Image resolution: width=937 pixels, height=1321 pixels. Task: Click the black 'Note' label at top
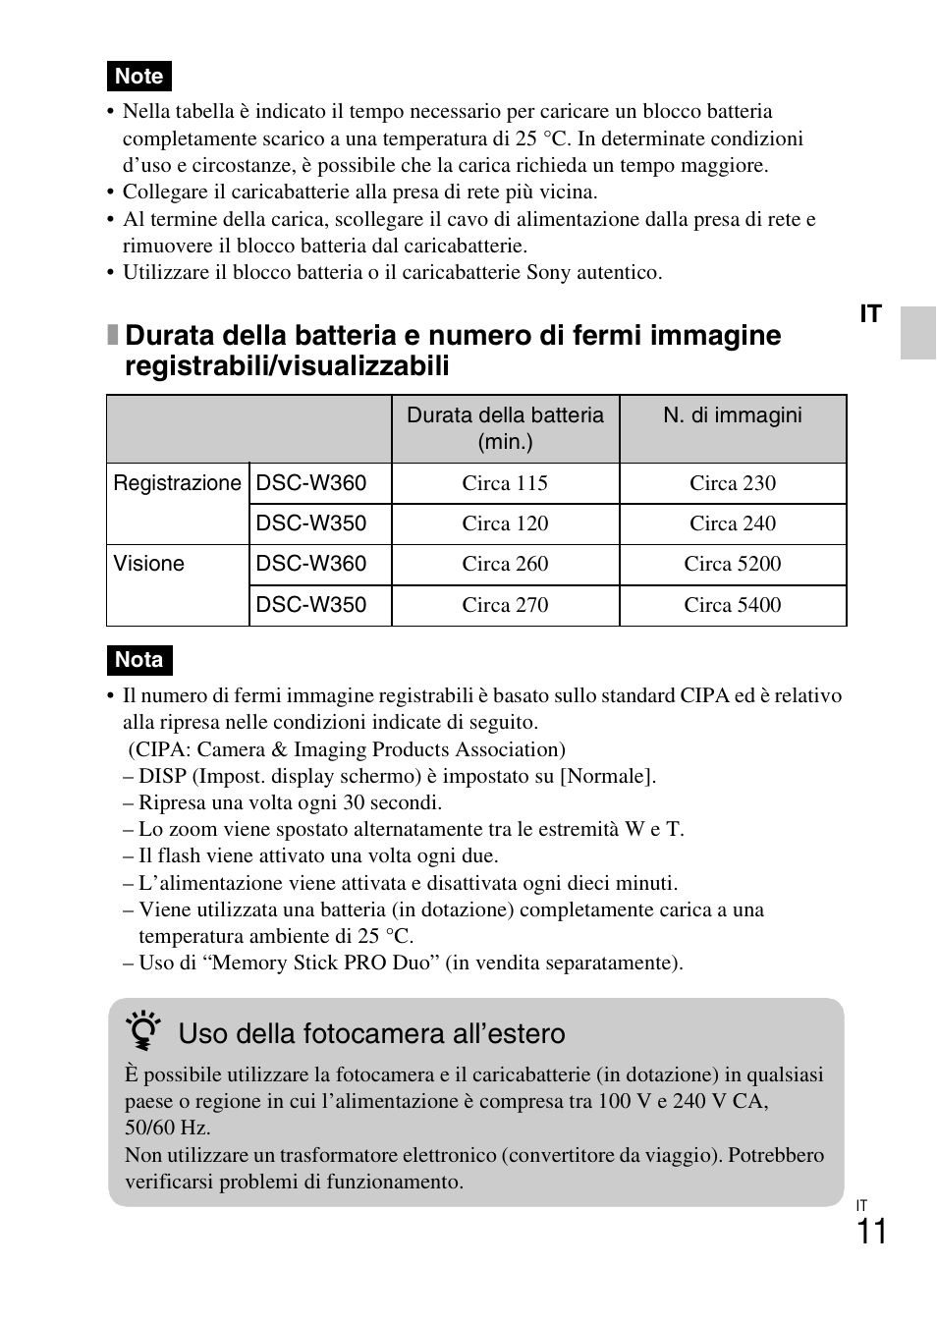click(x=138, y=76)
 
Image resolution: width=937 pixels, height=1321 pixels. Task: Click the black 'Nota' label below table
click(x=138, y=660)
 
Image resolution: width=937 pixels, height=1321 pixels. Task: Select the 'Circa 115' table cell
click(x=505, y=483)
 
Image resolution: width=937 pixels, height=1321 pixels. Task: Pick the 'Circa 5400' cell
click(x=733, y=605)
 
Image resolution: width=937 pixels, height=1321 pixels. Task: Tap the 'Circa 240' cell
click(x=733, y=523)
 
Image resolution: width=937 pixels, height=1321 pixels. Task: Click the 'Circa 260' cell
click(x=505, y=564)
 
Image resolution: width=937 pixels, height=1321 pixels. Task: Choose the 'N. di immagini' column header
click(x=733, y=415)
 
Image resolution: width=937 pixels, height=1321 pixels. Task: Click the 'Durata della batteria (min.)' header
click(x=505, y=428)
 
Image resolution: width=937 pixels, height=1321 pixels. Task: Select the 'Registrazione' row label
click(x=177, y=483)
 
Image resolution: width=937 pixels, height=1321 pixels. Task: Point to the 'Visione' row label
click(x=149, y=564)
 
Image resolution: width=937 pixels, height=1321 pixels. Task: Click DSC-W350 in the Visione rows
click(x=311, y=605)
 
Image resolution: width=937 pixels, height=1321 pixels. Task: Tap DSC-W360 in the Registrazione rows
click(x=311, y=483)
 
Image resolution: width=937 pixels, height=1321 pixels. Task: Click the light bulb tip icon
click(x=144, y=1032)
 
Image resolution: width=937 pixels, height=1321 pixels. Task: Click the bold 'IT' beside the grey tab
click(x=871, y=314)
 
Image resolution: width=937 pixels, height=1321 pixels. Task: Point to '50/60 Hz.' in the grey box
click(x=167, y=1128)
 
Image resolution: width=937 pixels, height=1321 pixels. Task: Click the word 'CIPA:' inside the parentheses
click(x=162, y=749)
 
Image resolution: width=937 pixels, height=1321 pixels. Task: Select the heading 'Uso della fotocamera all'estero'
click(x=371, y=1033)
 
